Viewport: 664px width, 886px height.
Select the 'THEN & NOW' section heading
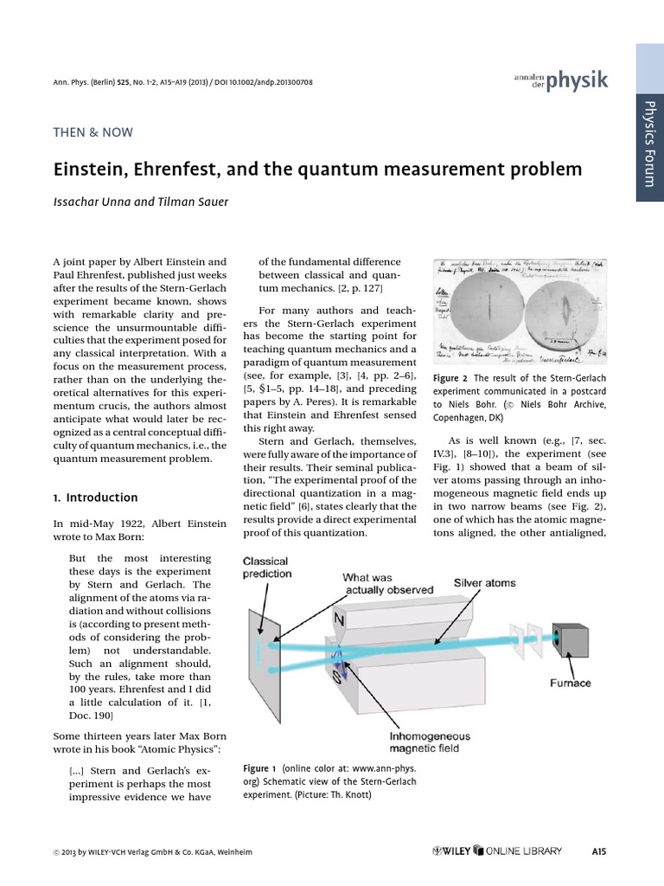pyautogui.click(x=93, y=132)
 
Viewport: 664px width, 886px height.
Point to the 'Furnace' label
pyautogui.click(x=571, y=683)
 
